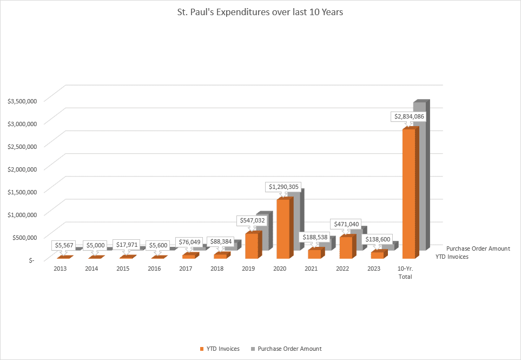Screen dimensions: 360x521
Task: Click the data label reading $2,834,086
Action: [409, 116]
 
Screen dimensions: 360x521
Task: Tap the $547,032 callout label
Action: [253, 220]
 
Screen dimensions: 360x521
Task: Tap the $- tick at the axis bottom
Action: [31, 260]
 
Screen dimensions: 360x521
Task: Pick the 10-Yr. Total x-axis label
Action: [405, 273]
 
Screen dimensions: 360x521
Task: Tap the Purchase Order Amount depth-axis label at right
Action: [478, 248]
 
